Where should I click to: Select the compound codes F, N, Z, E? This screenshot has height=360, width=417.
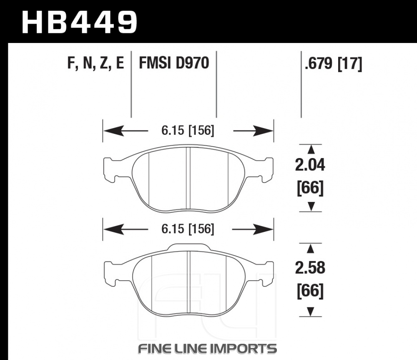[x=96, y=63]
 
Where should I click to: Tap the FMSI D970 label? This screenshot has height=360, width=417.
[x=174, y=63]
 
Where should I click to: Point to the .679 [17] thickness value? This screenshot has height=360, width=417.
[x=334, y=63]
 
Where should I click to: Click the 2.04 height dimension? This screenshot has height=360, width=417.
[x=310, y=165]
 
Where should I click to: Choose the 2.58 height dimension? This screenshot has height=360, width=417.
[x=310, y=268]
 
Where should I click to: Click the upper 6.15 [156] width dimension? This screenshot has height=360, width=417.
[x=188, y=131]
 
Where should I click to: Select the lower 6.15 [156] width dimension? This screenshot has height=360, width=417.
[x=188, y=229]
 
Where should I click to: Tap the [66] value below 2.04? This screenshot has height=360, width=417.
[x=310, y=188]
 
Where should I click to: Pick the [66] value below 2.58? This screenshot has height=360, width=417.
[x=310, y=291]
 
